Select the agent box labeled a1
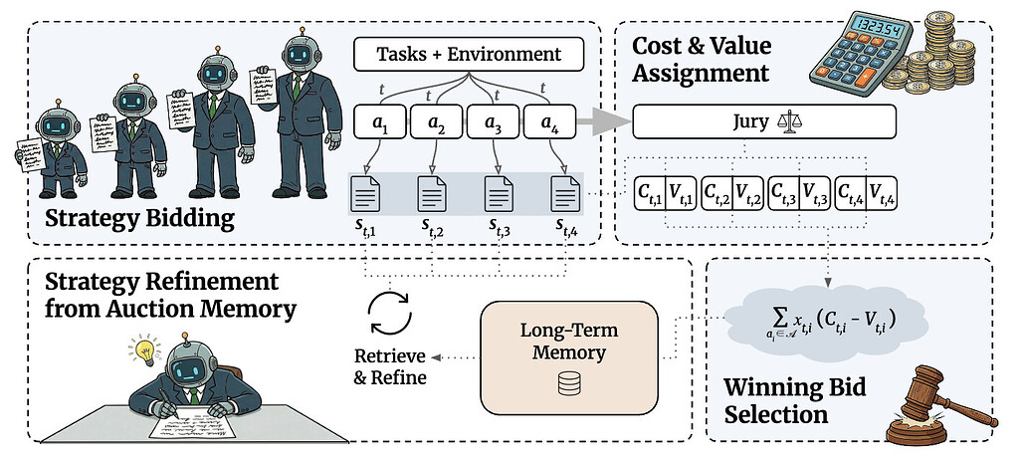(379, 122)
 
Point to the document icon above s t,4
(564, 191)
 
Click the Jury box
(763, 122)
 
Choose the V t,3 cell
(816, 191)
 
